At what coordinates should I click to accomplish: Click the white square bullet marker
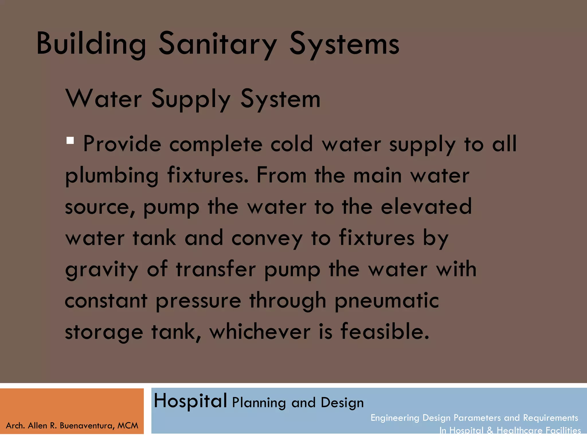(x=70, y=140)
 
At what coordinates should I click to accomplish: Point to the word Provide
(x=122, y=144)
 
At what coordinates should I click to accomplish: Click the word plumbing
(x=112, y=176)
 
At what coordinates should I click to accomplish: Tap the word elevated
(x=426, y=207)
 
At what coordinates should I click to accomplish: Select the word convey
(x=267, y=239)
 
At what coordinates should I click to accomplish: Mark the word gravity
(x=102, y=270)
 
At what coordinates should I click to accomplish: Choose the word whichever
(x=260, y=332)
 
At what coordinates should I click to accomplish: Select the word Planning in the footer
(x=259, y=403)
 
